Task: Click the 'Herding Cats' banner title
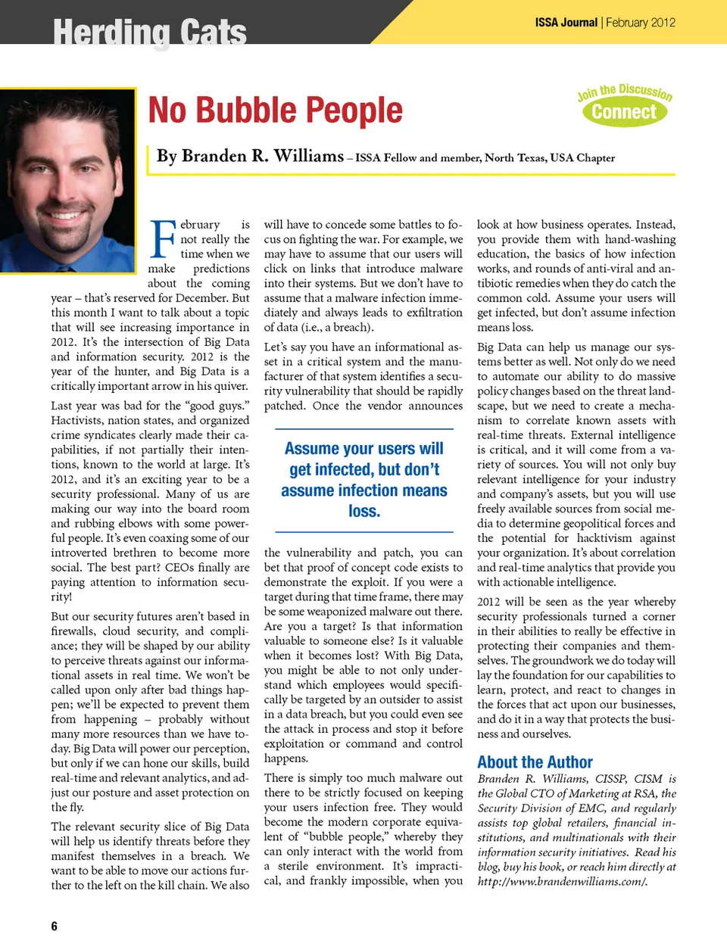pos(150,33)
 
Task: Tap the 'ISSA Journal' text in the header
pos(566,23)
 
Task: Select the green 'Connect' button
pos(624,112)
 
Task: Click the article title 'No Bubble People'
pos(275,111)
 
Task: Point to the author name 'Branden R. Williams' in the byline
pos(250,156)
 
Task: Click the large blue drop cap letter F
pos(163,238)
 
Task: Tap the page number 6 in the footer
pos(54,926)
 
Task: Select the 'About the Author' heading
pos(535,762)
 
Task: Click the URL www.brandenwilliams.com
pos(562,881)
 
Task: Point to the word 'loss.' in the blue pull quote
pos(364,511)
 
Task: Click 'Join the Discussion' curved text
pos(624,92)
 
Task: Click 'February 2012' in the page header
pos(640,23)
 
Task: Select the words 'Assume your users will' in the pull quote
pos(363,448)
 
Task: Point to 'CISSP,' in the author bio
pos(605,778)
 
